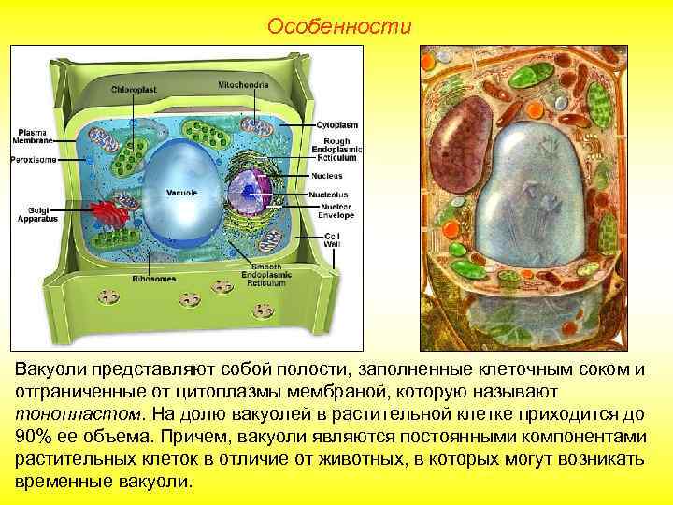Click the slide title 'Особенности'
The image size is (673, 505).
point(338,26)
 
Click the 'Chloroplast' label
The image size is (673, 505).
point(135,89)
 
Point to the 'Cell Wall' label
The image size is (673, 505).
point(333,239)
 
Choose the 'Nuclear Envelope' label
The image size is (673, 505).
point(336,212)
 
